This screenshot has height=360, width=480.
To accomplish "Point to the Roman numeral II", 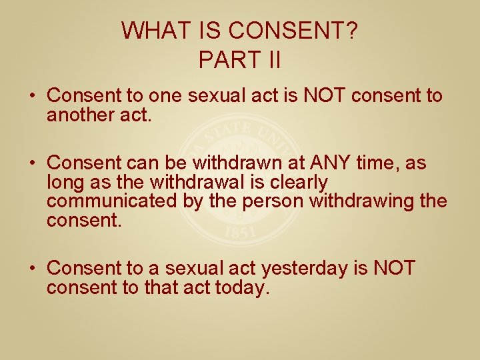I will (x=271, y=60).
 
